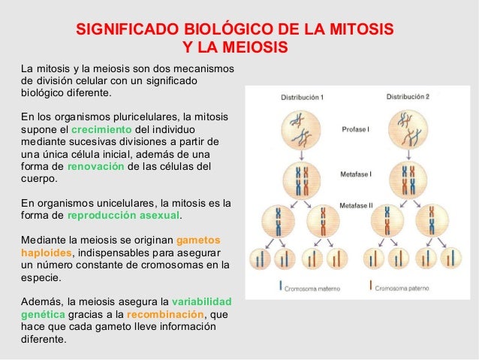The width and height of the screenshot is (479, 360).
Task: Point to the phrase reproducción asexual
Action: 124,215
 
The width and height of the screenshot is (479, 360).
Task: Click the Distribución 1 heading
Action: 302,97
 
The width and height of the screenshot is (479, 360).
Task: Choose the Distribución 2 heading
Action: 408,96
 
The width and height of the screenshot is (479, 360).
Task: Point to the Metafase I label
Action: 357,173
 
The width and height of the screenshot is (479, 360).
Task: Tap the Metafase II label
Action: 357,204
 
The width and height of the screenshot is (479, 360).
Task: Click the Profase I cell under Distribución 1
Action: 302,129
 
